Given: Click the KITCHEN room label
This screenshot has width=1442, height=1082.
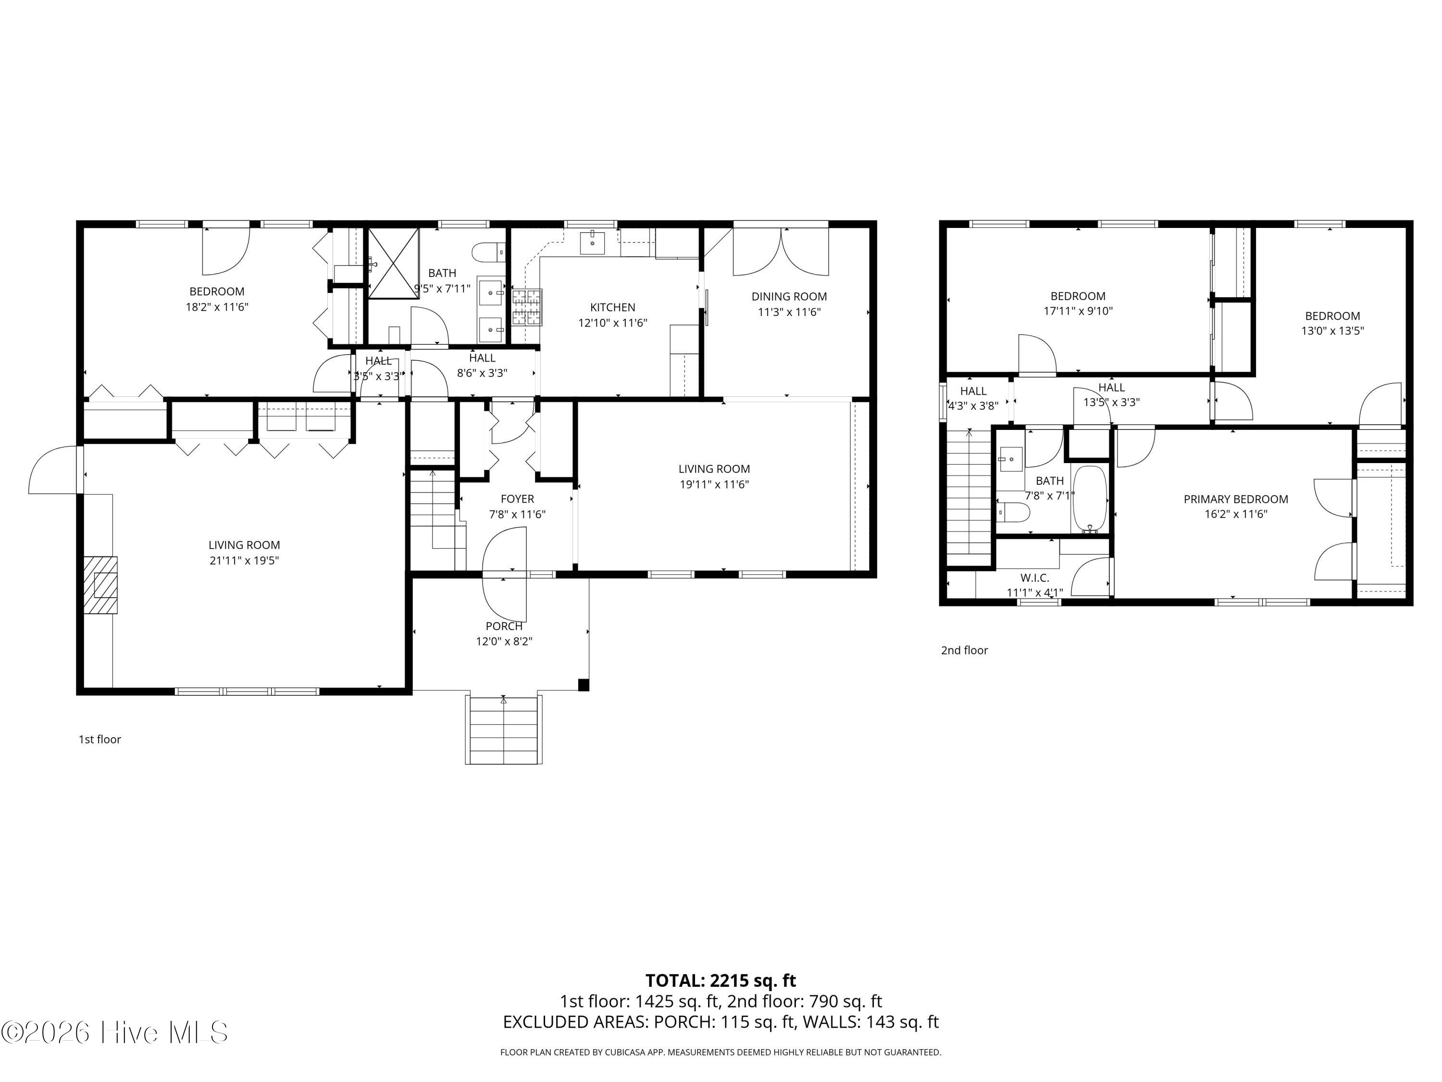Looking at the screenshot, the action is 612,307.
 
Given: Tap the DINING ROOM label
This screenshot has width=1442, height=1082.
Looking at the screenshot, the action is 789,297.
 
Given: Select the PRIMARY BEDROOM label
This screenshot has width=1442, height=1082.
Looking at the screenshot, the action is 1235,499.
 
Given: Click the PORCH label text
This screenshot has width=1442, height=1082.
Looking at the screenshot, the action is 504,626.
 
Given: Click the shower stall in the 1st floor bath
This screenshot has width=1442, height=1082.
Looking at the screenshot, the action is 393,263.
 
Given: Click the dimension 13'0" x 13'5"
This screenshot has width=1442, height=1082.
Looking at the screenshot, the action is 1332,331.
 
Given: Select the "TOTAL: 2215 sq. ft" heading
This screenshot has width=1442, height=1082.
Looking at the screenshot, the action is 721,980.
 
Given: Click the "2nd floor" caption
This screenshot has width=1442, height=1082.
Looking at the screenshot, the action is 964,650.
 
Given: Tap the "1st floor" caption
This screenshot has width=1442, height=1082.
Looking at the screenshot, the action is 100,739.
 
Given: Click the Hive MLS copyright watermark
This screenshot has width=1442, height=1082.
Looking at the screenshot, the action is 115,1032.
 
